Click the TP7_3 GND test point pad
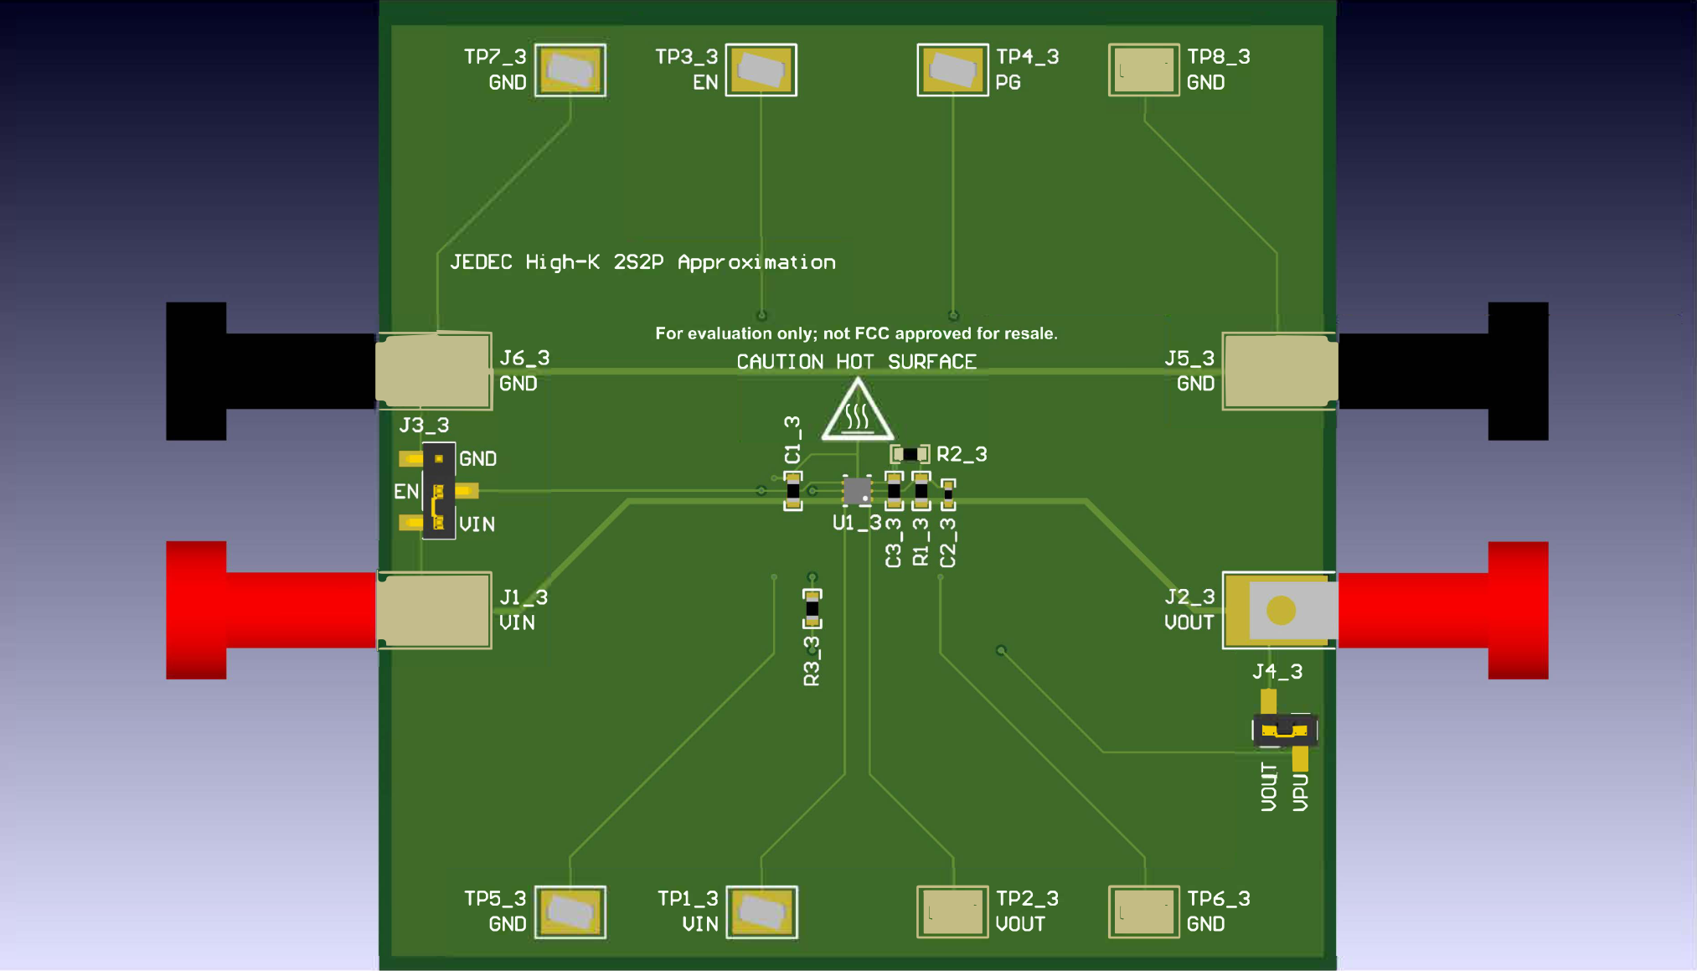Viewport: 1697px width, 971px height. point(570,70)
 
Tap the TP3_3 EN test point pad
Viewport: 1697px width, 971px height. point(761,70)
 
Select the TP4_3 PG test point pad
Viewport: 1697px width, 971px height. point(952,70)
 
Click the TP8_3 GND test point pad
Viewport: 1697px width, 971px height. point(1143,70)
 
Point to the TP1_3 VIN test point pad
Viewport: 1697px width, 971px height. point(761,912)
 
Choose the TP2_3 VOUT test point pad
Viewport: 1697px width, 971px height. point(952,912)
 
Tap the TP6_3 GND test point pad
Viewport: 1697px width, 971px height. point(1143,912)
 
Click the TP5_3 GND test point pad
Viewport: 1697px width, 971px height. point(570,912)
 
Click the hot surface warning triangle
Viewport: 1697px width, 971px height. point(857,412)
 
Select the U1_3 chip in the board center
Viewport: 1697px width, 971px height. point(856,491)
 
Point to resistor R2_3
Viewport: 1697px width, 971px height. point(910,454)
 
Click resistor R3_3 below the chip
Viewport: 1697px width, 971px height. point(812,608)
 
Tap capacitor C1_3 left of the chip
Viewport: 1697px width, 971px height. point(792,491)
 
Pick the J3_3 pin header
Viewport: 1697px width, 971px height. point(438,491)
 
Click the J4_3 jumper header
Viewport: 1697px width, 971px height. point(1285,730)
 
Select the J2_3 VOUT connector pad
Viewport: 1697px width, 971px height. point(1280,611)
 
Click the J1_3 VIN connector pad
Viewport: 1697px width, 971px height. point(434,611)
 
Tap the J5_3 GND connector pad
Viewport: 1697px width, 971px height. point(1279,371)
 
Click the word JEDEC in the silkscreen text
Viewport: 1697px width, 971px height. point(481,262)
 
